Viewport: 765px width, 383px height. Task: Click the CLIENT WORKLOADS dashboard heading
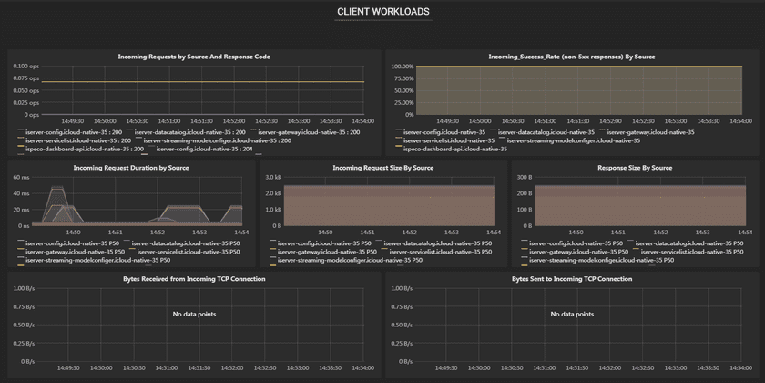[382, 12]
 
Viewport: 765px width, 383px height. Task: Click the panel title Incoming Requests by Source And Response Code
[194, 57]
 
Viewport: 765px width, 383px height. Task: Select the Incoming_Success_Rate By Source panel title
[572, 57]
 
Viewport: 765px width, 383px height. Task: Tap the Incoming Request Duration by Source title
[131, 168]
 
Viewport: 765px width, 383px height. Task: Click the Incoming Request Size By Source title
[382, 168]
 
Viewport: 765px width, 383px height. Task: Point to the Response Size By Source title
[635, 168]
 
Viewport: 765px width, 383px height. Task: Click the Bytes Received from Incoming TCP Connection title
[194, 279]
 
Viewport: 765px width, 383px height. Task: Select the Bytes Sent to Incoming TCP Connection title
[572, 279]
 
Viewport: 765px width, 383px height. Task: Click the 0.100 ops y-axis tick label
[26, 67]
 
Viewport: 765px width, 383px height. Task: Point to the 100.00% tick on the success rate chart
[402, 67]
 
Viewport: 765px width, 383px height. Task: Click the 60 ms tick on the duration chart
[22, 178]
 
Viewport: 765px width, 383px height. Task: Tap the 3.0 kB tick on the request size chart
[273, 178]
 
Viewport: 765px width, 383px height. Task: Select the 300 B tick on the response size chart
[524, 178]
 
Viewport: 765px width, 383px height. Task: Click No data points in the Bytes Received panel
[194, 314]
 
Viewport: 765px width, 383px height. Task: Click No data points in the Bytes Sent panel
[572, 314]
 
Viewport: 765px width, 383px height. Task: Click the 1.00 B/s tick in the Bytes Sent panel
[403, 289]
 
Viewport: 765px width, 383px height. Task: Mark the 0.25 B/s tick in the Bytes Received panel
[25, 345]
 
